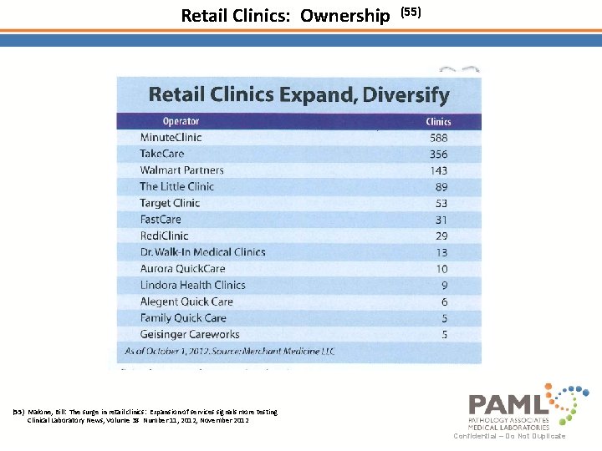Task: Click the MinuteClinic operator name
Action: point(171,137)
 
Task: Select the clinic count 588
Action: point(437,138)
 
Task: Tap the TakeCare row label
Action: point(161,154)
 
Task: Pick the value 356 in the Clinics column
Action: point(437,155)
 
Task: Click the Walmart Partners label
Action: point(181,170)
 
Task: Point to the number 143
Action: point(437,170)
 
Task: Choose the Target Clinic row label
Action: point(170,203)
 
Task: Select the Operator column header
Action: point(181,121)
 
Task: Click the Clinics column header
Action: point(438,122)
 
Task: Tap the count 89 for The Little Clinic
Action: point(441,187)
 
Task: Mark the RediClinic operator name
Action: point(165,236)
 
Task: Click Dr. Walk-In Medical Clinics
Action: point(202,252)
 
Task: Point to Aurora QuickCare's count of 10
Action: point(441,269)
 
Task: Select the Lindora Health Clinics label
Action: point(192,285)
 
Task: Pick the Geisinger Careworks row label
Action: point(190,334)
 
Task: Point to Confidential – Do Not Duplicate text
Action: point(509,436)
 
